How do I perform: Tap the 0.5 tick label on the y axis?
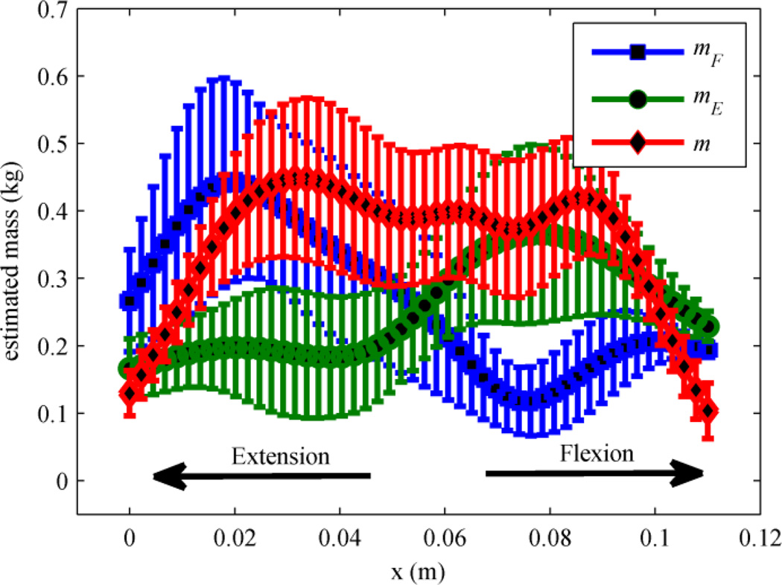pyautogui.click(x=52, y=144)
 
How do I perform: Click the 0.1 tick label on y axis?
pyautogui.click(x=52, y=414)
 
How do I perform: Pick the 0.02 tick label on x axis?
pyautogui.click(x=235, y=538)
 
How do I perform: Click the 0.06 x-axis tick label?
pyautogui.click(x=445, y=538)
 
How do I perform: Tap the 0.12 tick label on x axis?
pyautogui.click(x=758, y=538)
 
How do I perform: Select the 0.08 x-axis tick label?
pyautogui.click(x=550, y=538)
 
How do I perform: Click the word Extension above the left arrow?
pyautogui.click(x=280, y=455)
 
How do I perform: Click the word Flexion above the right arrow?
pyautogui.click(x=599, y=453)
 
